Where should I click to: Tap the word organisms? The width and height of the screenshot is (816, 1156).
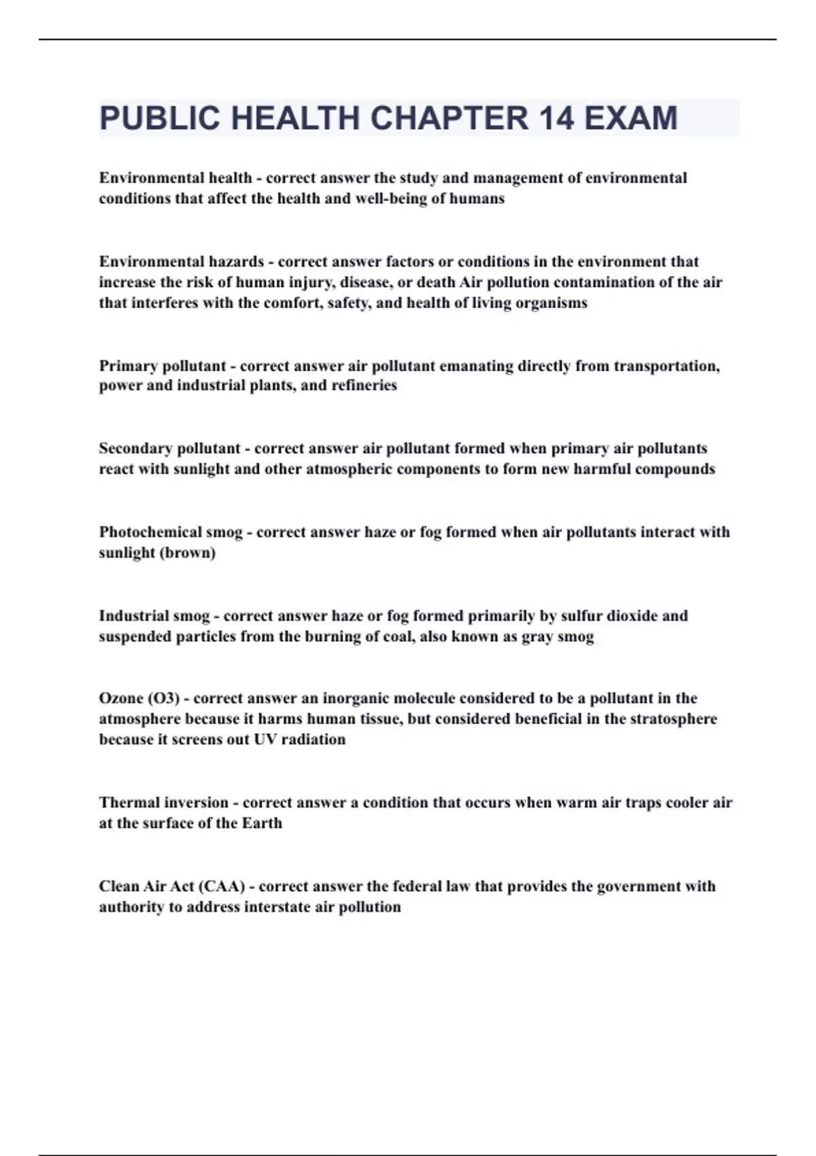click(x=551, y=303)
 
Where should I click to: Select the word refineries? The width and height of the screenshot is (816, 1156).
click(x=364, y=386)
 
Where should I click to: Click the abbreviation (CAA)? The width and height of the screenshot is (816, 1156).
click(x=221, y=887)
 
